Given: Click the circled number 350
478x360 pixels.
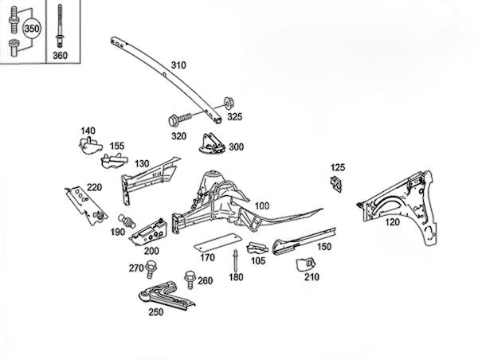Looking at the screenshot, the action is pyautogui.click(x=32, y=29).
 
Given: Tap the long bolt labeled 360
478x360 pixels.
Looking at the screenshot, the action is pyautogui.click(x=60, y=26).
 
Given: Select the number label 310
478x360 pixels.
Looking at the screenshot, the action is pyautogui.click(x=178, y=65).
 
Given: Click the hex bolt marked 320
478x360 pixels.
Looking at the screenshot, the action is pyautogui.click(x=180, y=119).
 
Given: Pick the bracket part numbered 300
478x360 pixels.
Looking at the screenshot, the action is pyautogui.click(x=211, y=143).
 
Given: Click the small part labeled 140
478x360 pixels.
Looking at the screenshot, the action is pyautogui.click(x=89, y=146).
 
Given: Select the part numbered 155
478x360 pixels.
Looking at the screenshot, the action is pyautogui.click(x=113, y=160).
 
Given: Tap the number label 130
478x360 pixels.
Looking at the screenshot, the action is pyautogui.click(x=142, y=164).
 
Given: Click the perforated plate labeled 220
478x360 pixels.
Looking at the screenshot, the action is pyautogui.click(x=86, y=205).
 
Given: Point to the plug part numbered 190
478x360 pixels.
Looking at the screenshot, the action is pyautogui.click(x=127, y=221).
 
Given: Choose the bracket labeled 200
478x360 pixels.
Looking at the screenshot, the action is pyautogui.click(x=150, y=233).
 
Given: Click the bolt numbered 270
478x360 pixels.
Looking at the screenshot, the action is pyautogui.click(x=150, y=269).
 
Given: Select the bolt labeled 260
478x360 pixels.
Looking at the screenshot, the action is pyautogui.click(x=190, y=280).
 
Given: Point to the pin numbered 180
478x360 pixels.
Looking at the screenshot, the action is pyautogui.click(x=236, y=260).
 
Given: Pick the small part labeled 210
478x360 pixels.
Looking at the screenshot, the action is pyautogui.click(x=306, y=264).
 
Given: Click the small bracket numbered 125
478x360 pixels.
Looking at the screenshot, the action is pyautogui.click(x=336, y=184).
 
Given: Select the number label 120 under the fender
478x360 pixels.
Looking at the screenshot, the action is pyautogui.click(x=392, y=222).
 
